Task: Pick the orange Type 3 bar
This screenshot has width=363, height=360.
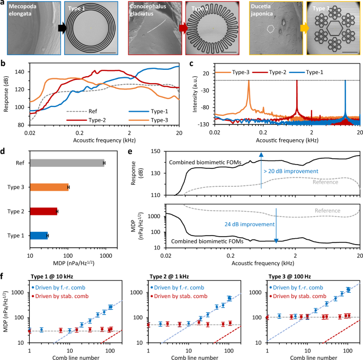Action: click(49, 187)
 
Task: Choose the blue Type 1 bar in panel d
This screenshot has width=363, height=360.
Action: click(39, 235)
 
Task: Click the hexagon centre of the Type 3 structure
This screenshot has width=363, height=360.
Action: click(335, 30)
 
